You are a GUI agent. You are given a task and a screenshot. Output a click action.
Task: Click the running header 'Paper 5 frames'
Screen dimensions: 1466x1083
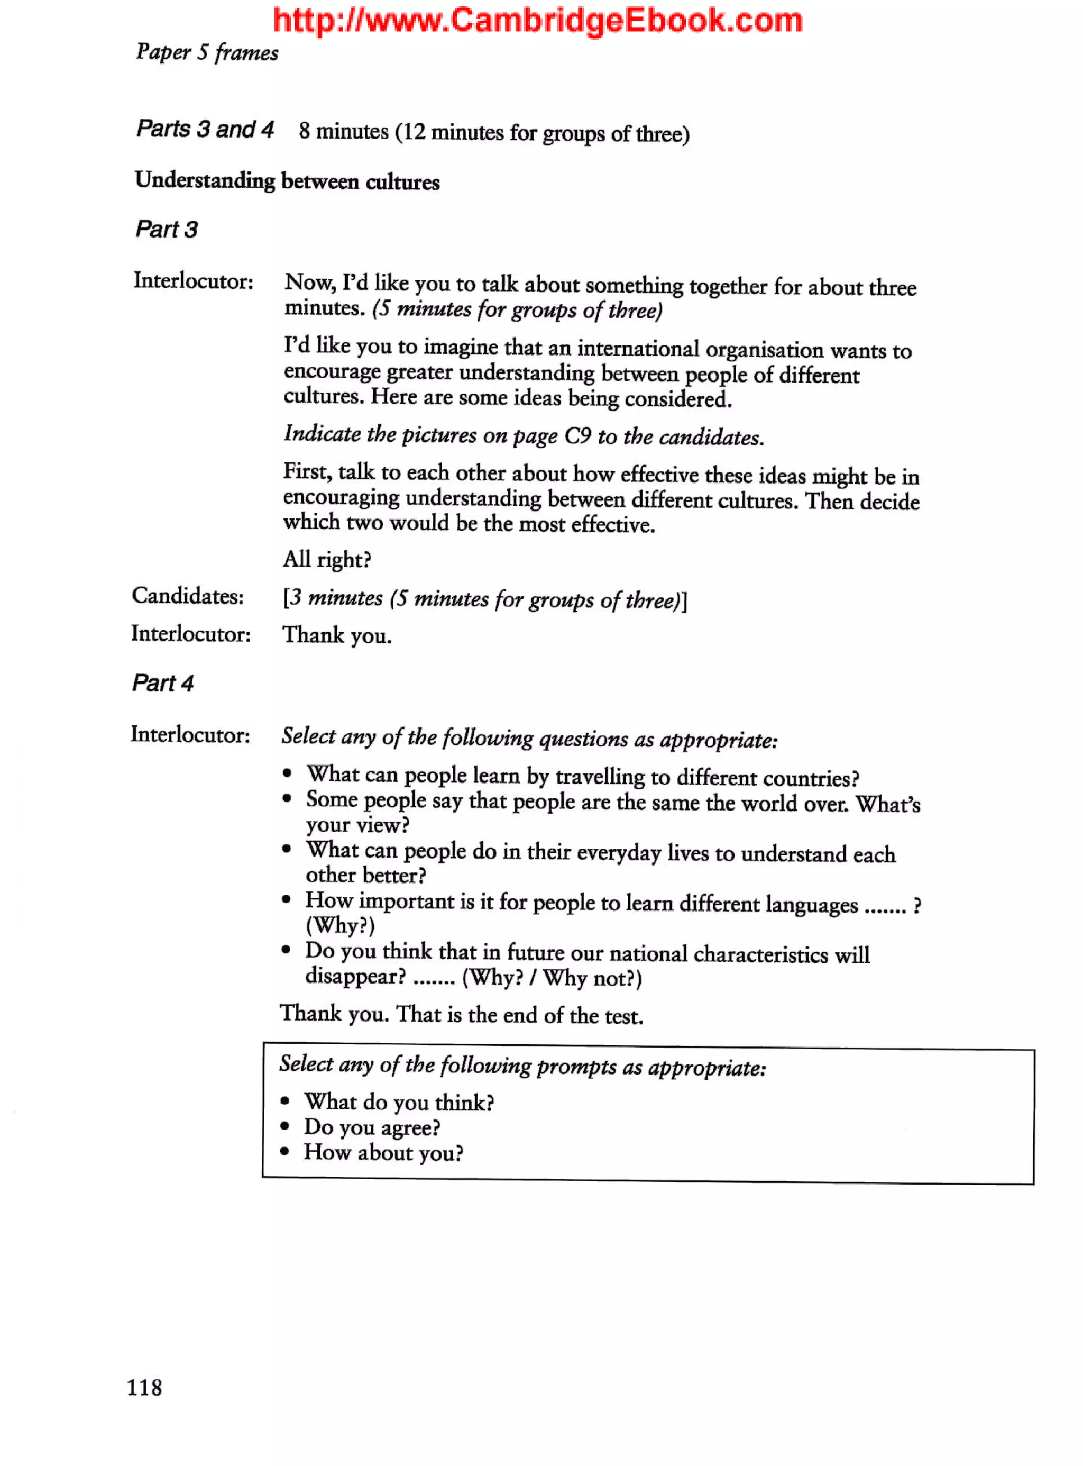(x=207, y=52)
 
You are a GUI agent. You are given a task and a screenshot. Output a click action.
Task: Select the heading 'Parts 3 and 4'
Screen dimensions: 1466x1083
(x=205, y=129)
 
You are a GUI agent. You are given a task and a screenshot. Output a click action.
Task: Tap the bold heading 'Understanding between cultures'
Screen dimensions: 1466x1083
(x=287, y=181)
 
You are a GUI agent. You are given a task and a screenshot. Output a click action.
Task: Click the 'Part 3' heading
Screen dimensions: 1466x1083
(x=166, y=230)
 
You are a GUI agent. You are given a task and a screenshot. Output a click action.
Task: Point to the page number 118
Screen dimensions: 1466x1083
(x=144, y=1387)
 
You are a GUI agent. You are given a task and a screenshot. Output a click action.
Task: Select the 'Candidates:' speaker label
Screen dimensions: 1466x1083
(x=188, y=596)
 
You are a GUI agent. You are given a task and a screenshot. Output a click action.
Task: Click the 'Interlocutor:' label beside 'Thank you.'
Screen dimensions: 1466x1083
(x=191, y=634)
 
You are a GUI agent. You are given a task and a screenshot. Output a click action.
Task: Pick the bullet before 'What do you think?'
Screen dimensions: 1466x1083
(x=285, y=1101)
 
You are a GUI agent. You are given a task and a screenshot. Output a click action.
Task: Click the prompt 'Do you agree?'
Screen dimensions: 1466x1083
(x=371, y=1127)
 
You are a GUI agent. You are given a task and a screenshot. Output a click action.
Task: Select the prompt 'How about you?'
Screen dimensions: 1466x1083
(x=383, y=1152)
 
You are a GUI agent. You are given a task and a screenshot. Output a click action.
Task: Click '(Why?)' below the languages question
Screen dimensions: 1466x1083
(x=340, y=925)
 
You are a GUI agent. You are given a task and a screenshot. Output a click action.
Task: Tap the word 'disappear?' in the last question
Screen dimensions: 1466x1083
(x=355, y=976)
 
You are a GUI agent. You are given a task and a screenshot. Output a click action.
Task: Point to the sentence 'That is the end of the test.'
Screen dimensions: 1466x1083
(x=520, y=1015)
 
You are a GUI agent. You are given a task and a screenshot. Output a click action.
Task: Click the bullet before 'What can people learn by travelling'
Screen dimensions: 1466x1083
(x=287, y=774)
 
